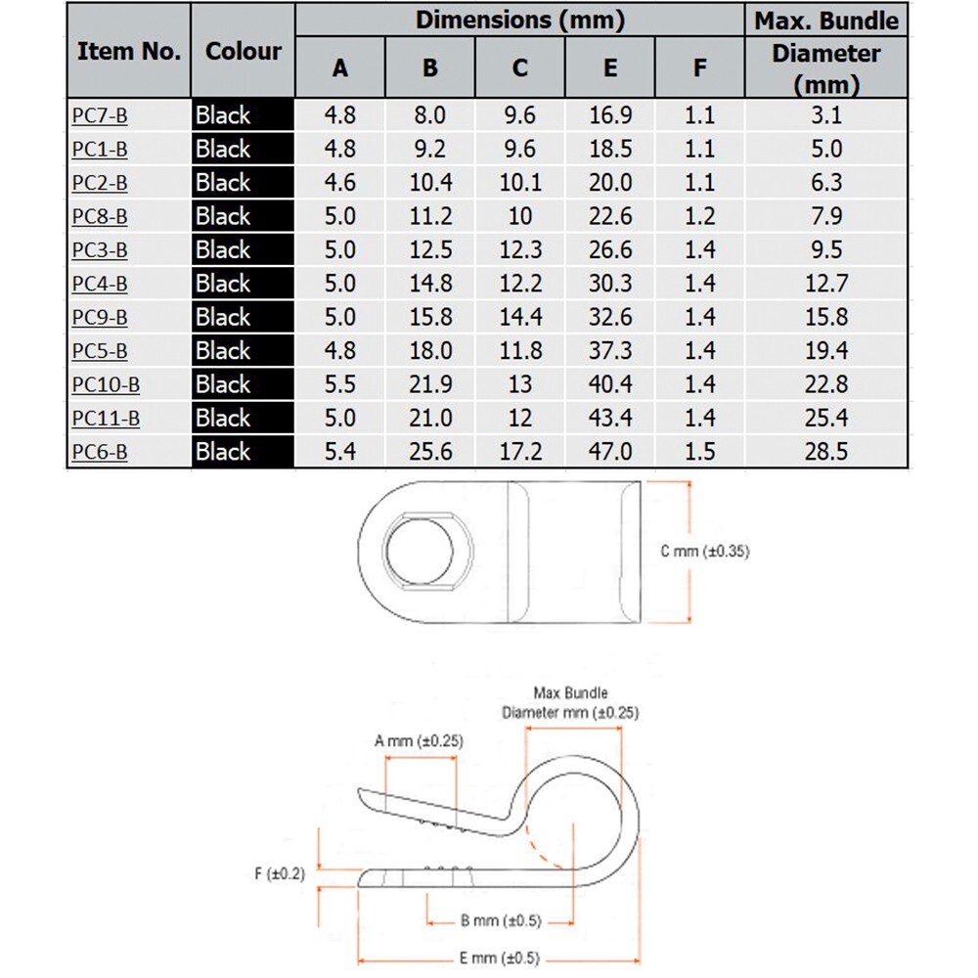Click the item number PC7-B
point(100,115)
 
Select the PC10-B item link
point(106,384)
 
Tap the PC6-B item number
point(100,452)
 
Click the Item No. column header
point(129,51)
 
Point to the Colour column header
point(244,51)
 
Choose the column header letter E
point(610,68)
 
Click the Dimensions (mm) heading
point(520,20)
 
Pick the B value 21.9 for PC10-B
point(430,384)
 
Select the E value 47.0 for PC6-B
point(610,452)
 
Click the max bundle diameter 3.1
point(826,115)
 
